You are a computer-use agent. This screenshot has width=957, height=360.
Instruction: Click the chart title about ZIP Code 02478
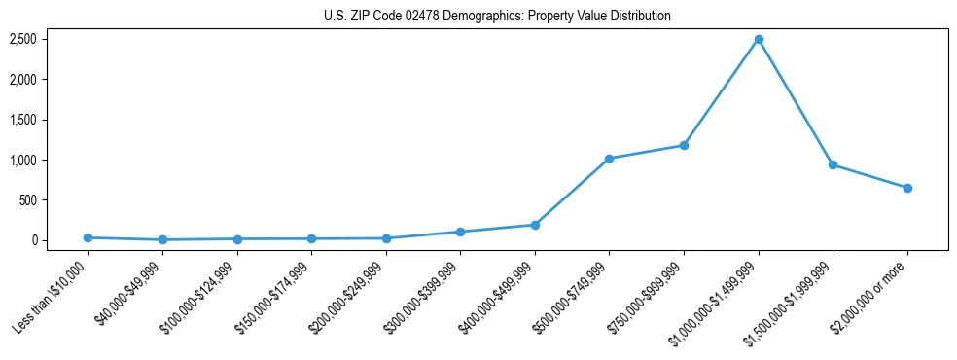497,17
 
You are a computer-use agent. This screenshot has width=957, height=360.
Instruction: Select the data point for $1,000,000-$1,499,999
759,39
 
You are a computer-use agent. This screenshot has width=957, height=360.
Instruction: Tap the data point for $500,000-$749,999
609,159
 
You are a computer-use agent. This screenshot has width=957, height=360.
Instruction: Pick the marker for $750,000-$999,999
684,145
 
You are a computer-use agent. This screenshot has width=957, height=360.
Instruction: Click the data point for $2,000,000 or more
907,188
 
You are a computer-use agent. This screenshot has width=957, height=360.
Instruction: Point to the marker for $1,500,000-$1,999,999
833,164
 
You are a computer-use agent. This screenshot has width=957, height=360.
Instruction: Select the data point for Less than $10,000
88,237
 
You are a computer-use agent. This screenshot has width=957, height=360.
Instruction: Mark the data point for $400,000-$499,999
535,225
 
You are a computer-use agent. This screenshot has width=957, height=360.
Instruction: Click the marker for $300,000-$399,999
460,232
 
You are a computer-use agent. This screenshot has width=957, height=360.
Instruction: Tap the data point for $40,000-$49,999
162,239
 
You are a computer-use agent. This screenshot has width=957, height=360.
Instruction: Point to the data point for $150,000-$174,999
311,238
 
